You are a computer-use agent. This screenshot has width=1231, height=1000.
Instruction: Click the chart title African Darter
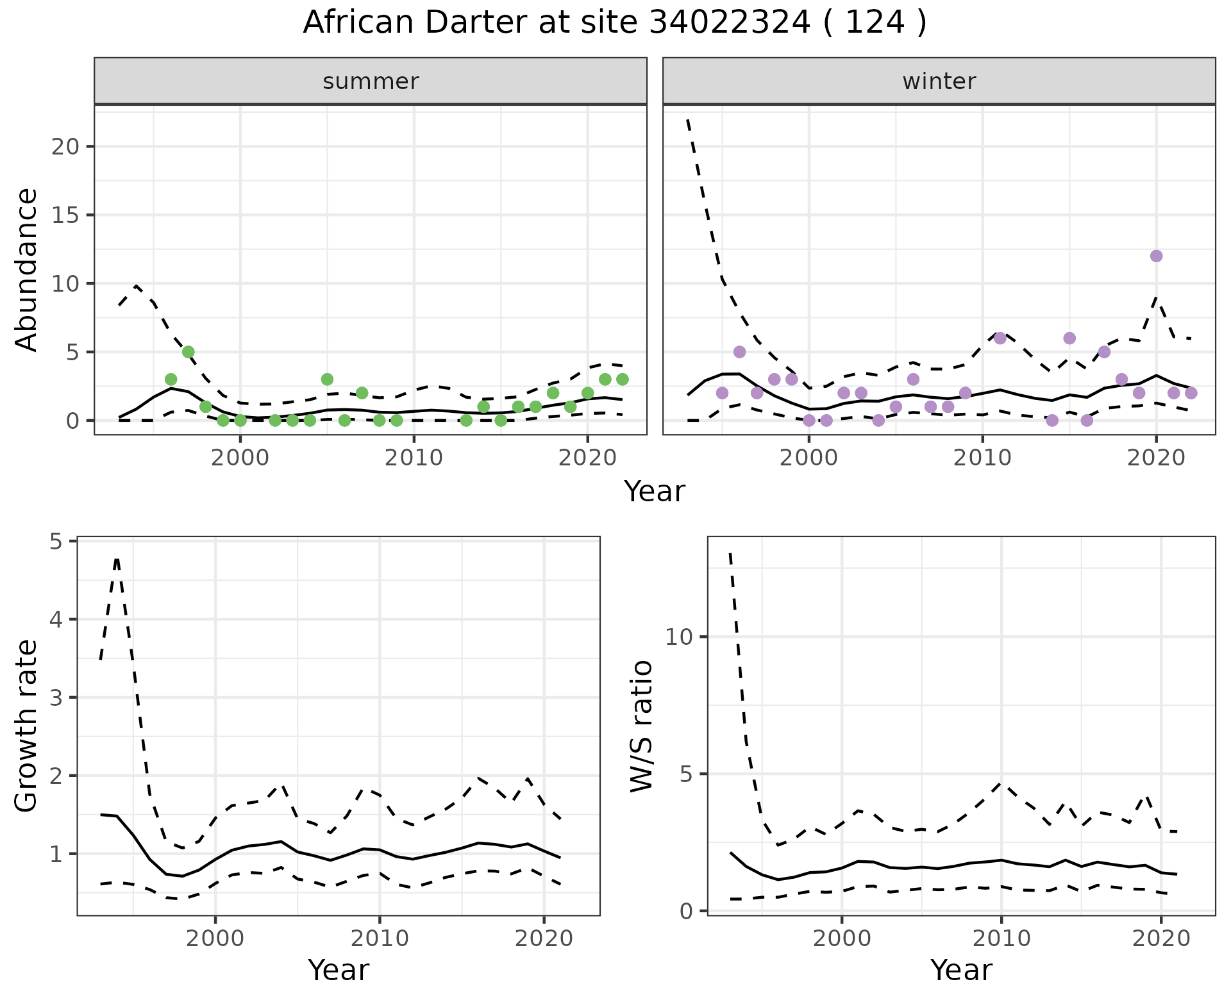pyautogui.click(x=614, y=23)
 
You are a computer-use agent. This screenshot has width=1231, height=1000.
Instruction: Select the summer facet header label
pyautogui.click(x=371, y=81)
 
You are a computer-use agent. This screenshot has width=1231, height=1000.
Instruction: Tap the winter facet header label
pyautogui.click(x=939, y=81)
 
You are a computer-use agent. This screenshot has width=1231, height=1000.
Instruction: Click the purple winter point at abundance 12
pyautogui.click(x=1156, y=256)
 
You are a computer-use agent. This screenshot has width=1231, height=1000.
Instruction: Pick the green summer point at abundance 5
pyautogui.click(x=188, y=352)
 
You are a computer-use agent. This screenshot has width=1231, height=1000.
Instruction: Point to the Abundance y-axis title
pyautogui.click(x=27, y=269)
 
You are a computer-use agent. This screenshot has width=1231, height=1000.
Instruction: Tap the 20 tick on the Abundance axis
pyautogui.click(x=64, y=147)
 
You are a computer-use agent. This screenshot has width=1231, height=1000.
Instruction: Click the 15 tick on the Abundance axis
pyautogui.click(x=64, y=215)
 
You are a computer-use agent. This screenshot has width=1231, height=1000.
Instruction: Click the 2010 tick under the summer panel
pyautogui.click(x=414, y=458)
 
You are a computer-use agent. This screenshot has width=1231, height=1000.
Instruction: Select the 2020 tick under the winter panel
pyautogui.click(x=1155, y=458)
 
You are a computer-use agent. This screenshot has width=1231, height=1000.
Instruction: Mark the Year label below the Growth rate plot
pyautogui.click(x=339, y=970)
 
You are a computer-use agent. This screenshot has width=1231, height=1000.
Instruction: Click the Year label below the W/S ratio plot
pyautogui.click(x=961, y=970)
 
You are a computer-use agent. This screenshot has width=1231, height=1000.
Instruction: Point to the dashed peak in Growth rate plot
pyautogui.click(x=117, y=559)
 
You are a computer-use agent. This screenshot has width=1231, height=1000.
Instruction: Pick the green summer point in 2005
pyautogui.click(x=327, y=379)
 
